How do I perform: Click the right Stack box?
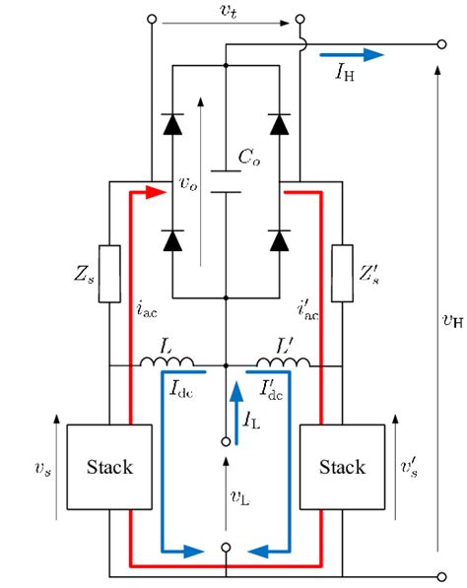[342, 465]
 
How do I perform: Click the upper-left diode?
[173, 124]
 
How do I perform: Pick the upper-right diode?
[281, 124]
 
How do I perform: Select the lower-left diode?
[173, 238]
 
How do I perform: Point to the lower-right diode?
[281, 238]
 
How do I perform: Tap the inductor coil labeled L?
[169, 362]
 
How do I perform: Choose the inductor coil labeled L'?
[280, 362]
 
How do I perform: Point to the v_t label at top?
[227, 10]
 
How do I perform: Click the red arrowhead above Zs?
[150, 194]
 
